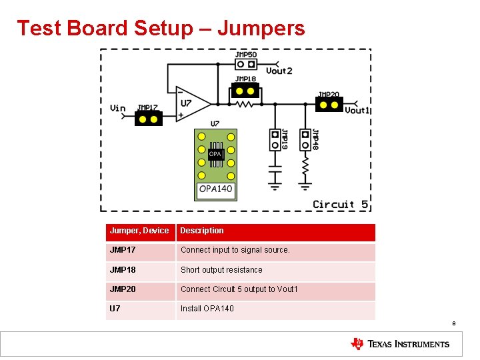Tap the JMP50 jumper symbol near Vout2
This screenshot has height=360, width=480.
tap(246, 65)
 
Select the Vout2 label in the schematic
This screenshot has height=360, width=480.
tap(279, 71)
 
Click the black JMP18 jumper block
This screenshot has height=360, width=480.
tap(245, 91)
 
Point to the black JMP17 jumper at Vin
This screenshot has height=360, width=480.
tap(148, 119)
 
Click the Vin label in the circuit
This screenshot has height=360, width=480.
tap(117, 109)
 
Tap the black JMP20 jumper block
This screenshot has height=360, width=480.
tap(329, 104)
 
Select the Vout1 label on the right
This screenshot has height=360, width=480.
tap(357, 110)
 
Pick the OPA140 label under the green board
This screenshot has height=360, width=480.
tap(215, 189)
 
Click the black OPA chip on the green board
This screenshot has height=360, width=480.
tap(215, 154)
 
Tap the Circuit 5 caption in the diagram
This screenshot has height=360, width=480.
tap(340, 205)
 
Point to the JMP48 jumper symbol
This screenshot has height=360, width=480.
tap(305, 140)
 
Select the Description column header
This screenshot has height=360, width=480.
tap(202, 231)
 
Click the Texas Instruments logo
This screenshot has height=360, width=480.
tap(400, 344)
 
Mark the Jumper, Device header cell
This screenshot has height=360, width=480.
tap(140, 231)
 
